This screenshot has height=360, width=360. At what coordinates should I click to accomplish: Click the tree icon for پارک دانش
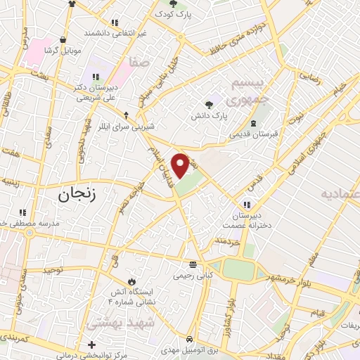(209, 103)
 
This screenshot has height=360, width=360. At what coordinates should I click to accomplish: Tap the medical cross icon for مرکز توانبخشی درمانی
(92, 345)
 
